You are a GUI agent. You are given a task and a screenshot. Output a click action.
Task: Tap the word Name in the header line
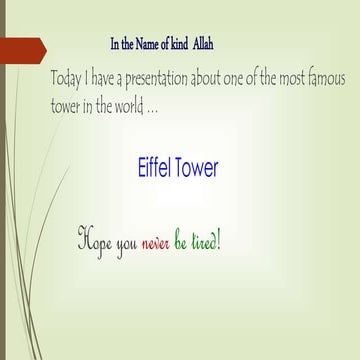coord(142,44)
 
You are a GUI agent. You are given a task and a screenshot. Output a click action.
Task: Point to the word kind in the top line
coord(172,44)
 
